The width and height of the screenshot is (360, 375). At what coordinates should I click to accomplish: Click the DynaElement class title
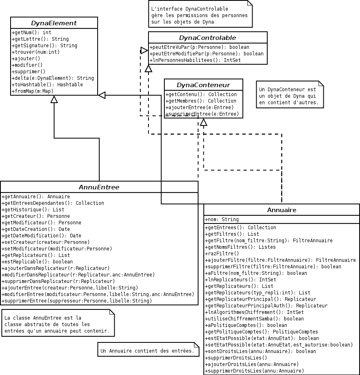point(54,23)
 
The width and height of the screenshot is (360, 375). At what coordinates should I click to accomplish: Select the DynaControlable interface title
point(207,38)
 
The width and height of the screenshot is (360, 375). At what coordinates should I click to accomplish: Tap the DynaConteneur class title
point(203,85)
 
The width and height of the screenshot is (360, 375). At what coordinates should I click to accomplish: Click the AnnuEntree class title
point(99,187)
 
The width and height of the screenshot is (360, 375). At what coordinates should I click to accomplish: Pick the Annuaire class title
point(281,210)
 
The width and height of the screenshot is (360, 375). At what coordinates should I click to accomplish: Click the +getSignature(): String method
point(45,46)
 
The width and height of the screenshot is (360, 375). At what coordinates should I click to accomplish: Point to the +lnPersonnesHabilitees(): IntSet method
point(196,60)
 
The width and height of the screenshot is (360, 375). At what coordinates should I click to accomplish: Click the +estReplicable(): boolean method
point(37,262)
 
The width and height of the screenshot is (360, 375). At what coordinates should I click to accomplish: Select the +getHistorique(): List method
point(33,210)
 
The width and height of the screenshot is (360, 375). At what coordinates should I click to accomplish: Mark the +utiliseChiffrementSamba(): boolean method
point(254,319)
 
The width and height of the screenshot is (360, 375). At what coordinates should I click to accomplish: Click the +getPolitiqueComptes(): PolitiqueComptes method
point(262,332)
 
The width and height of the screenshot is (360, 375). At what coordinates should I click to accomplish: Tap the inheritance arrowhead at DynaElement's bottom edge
point(54,99)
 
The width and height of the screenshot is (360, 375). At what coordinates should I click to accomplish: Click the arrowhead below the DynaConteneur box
point(203,122)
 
